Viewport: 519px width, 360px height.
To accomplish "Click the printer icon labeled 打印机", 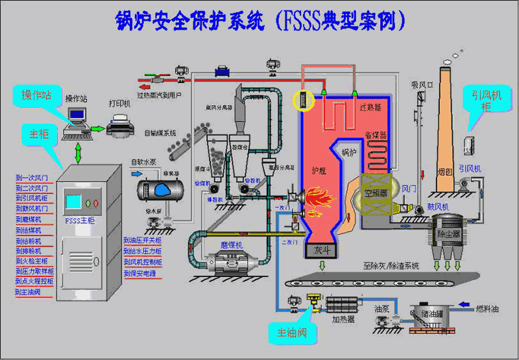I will coord(120,123).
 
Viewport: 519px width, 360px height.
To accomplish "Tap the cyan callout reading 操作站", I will coord(38,95).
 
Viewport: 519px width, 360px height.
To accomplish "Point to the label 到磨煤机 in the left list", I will coord(29,220).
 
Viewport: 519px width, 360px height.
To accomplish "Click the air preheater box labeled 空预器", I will coord(376,193).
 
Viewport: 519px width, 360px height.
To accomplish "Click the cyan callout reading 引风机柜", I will coord(481,100).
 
